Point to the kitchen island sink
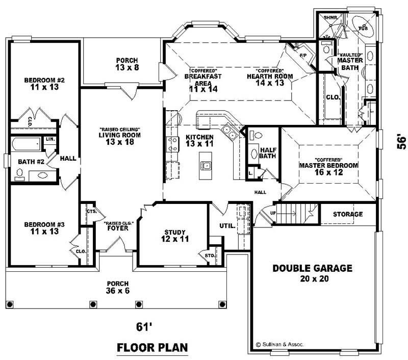(206, 166)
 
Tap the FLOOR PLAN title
(152, 348)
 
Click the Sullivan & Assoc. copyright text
(279, 345)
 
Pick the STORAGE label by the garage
(348, 214)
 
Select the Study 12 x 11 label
(175, 235)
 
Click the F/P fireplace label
(302, 55)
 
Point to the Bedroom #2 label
(44, 84)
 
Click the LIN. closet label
(50, 139)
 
